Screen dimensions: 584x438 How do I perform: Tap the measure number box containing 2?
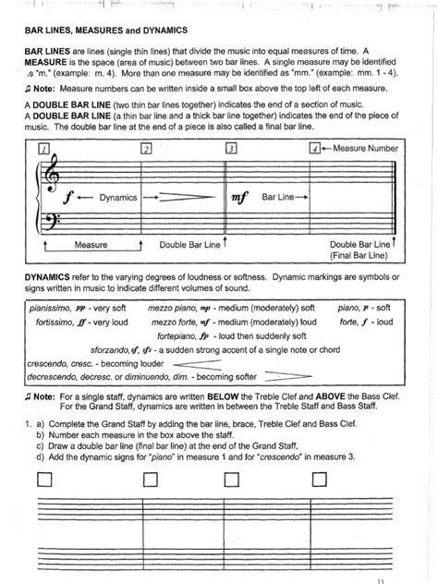pyautogui.click(x=145, y=148)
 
